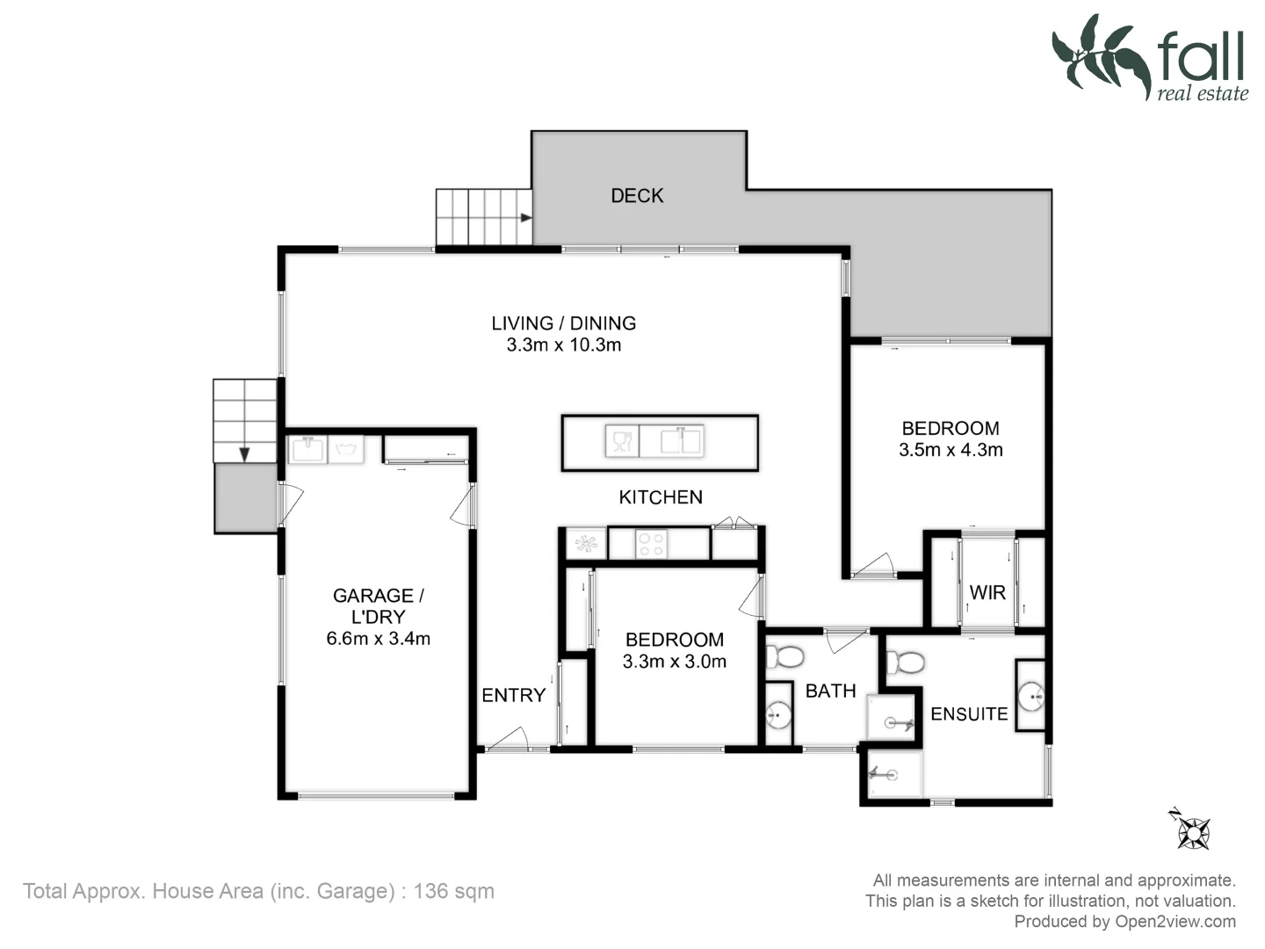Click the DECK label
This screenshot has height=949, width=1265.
pos(637,196)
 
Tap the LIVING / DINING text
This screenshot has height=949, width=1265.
pos(563,323)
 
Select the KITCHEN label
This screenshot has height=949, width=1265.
pos(661,497)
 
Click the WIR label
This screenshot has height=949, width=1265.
pos(987,593)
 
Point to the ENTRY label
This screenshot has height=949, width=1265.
pos(513,695)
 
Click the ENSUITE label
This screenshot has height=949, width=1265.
pos(969,714)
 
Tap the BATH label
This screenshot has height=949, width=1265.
pos(830,692)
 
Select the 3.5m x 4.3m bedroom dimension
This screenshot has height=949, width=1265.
pos(951,450)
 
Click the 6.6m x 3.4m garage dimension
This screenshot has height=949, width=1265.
pos(379,639)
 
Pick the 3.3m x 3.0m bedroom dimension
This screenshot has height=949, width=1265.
pos(675,662)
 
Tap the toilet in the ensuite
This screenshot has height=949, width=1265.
pos(906,662)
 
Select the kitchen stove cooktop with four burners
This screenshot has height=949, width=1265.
pos(651,545)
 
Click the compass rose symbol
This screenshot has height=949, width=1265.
pos(1193,831)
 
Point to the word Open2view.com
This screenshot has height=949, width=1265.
pos(1175,922)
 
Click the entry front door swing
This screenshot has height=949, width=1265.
pos(509,740)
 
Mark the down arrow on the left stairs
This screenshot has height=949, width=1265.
pos(244,453)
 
